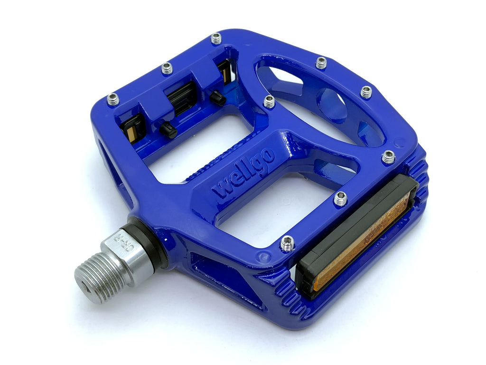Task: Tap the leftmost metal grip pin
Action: [x=113, y=99]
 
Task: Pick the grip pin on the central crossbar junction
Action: [x=269, y=102]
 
